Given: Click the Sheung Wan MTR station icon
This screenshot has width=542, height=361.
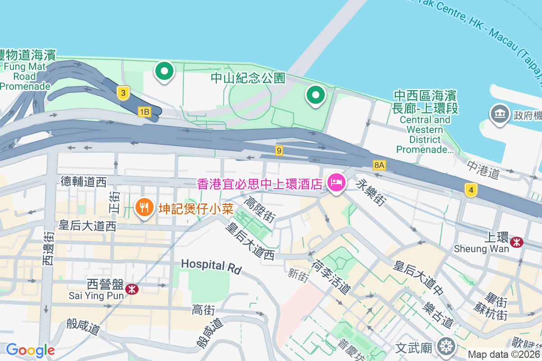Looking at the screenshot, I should (x=517, y=242).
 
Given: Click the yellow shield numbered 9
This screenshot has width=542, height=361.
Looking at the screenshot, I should (x=279, y=151).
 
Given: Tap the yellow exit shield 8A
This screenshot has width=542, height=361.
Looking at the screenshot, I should (x=379, y=165).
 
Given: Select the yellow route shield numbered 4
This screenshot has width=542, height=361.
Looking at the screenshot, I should (x=471, y=190).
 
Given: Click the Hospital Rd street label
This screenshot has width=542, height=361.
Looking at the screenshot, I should (x=211, y=266).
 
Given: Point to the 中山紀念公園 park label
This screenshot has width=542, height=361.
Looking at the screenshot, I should (x=248, y=78).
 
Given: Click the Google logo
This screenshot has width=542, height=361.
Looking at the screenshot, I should (x=30, y=350).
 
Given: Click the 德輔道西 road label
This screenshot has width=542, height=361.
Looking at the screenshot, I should (x=84, y=182).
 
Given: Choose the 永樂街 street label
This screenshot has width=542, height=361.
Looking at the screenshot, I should (x=370, y=193).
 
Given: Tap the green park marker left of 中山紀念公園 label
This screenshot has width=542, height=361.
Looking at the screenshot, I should (x=165, y=71).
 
